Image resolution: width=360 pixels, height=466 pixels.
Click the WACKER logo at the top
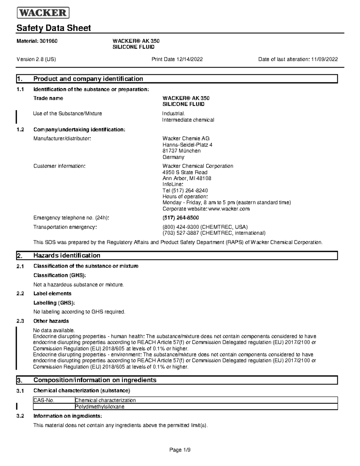43,13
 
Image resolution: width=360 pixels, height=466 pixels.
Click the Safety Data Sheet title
54,28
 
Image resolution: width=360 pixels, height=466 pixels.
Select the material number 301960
48,41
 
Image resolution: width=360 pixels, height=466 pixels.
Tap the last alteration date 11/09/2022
324,59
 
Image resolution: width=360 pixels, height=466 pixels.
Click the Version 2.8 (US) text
36,59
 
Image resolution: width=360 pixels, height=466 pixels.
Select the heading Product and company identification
88,79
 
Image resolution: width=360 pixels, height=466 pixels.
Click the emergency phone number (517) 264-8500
181,218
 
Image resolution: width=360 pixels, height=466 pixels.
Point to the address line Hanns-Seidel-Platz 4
187,145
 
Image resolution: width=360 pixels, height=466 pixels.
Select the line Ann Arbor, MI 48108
187,178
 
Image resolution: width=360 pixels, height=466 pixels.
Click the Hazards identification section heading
67,256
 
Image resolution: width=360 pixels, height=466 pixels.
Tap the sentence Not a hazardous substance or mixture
79,284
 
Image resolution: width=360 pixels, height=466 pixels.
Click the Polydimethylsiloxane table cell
100,407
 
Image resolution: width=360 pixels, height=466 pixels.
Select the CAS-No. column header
44,400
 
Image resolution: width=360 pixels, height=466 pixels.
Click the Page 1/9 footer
180,450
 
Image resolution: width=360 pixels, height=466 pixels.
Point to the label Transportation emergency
65,227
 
